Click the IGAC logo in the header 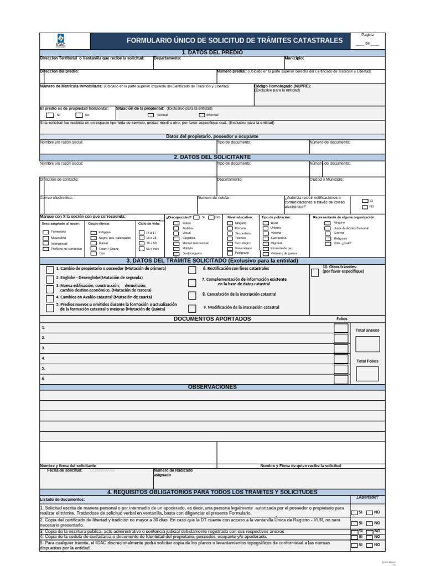60,40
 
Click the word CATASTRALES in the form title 318,41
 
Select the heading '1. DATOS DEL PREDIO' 212,53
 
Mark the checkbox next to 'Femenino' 45,232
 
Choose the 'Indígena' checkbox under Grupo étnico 94,233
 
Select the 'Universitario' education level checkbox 230,248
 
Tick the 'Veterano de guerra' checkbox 266,253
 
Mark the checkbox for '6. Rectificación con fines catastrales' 191,270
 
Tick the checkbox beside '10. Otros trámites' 314,272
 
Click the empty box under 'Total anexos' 367,344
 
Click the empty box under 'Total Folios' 367,374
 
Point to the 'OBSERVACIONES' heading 212,387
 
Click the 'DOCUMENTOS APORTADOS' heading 212,319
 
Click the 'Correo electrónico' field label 56,197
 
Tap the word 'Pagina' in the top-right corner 367,34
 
